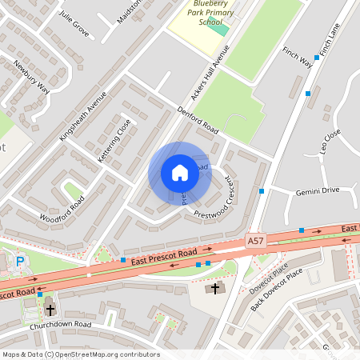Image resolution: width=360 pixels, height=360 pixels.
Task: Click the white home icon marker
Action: pyautogui.click(x=180, y=172)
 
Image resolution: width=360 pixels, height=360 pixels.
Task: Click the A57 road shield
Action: pyautogui.click(x=254, y=239)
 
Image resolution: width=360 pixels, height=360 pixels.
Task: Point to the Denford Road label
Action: pyautogui.click(x=197, y=119)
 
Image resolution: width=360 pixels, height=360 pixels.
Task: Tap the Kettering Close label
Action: pyautogui.click(x=114, y=141)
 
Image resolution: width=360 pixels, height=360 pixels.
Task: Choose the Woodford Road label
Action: pyautogui.click(x=62, y=207)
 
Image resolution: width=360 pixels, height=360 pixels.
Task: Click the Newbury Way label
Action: pyautogui.click(x=32, y=78)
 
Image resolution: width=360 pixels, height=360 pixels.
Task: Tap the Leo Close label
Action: pyautogui.click(x=330, y=141)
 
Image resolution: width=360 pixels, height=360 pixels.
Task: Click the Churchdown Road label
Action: pyautogui.click(x=60, y=325)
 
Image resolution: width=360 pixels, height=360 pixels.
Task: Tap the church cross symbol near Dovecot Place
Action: pyautogui.click(x=214, y=288)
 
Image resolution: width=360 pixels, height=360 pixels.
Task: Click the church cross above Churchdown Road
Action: pyautogui.click(x=50, y=309)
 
